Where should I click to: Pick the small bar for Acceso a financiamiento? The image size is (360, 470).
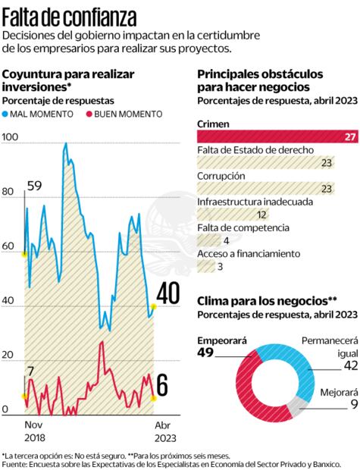[x=205, y=266]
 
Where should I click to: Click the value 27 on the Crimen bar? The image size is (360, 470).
[x=350, y=136]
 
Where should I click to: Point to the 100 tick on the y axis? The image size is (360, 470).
[x=10, y=137]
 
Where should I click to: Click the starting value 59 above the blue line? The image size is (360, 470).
[x=33, y=165]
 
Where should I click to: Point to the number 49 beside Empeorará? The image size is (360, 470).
[x=208, y=354]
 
